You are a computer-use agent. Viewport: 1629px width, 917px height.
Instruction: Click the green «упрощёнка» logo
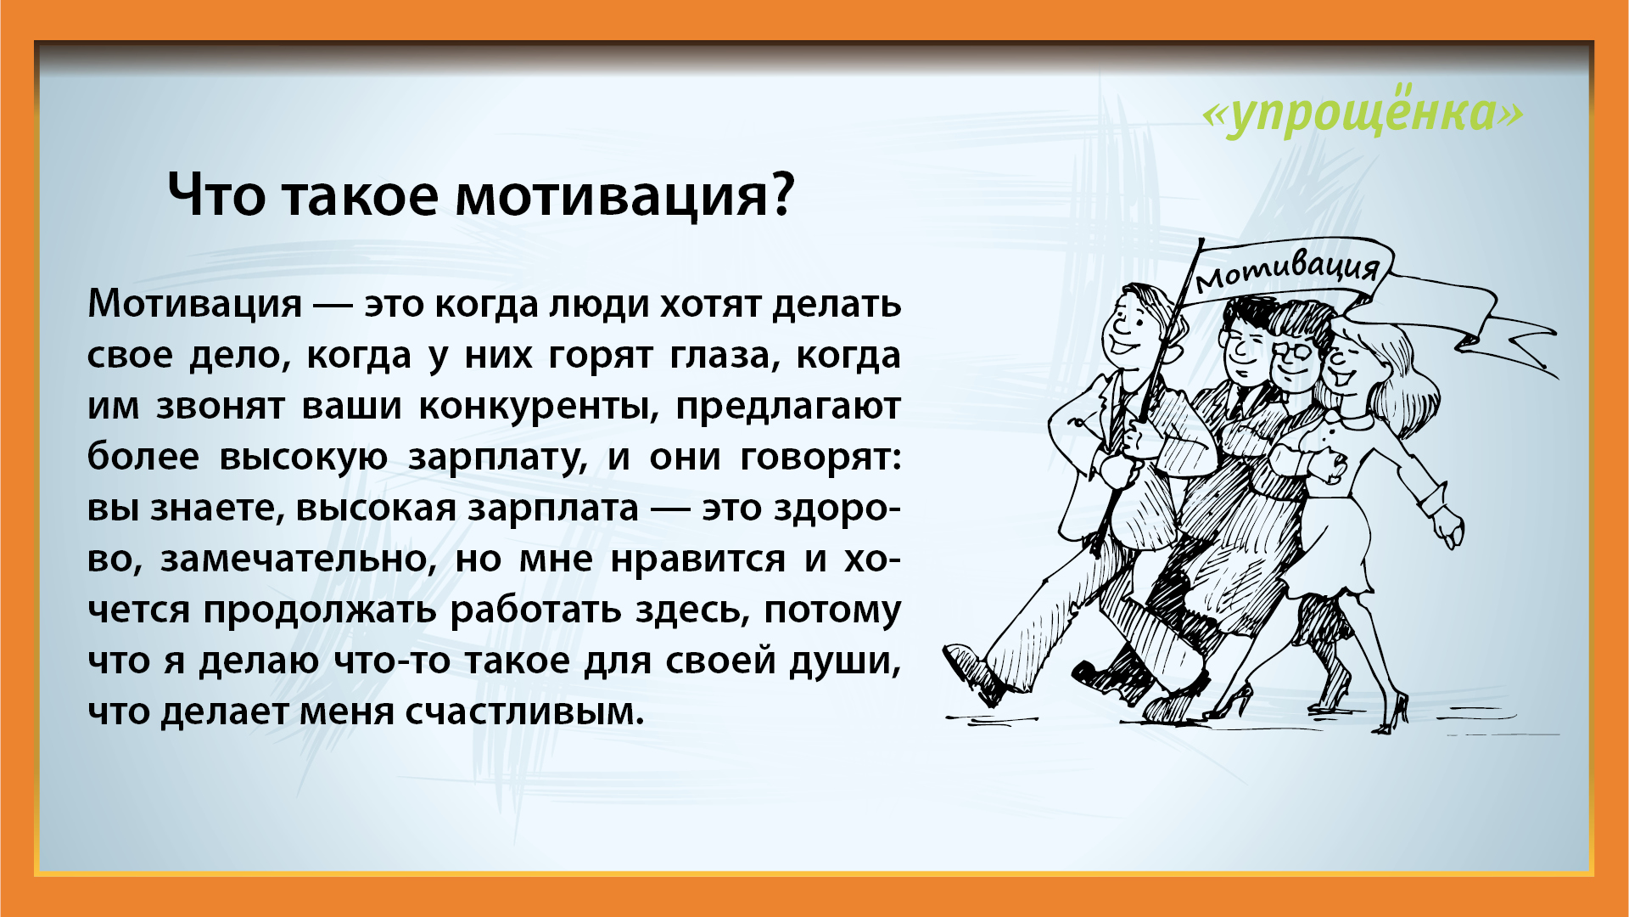pos(1363,112)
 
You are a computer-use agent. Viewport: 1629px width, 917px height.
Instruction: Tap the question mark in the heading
pos(782,194)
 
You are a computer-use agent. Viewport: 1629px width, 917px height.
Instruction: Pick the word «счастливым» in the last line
pos(523,712)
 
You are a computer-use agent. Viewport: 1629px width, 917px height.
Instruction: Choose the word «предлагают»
pos(788,406)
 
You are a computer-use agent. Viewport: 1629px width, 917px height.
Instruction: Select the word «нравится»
pos(698,559)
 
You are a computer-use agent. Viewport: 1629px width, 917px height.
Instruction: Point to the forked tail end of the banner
pos(1527,348)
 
